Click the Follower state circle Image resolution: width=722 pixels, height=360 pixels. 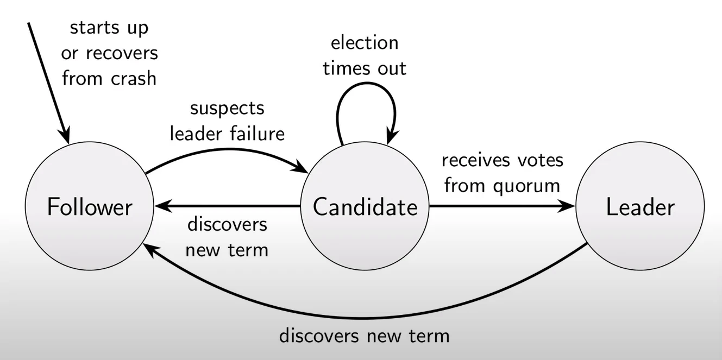(x=90, y=206)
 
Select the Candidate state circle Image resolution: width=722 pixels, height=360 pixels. (x=365, y=206)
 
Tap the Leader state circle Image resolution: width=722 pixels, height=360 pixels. (x=640, y=206)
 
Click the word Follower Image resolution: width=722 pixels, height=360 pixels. (x=90, y=207)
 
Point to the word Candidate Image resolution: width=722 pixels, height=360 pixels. (x=365, y=207)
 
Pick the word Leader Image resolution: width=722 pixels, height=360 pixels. (x=641, y=207)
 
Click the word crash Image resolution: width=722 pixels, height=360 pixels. (x=134, y=78)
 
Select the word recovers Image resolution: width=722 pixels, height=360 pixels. (x=122, y=54)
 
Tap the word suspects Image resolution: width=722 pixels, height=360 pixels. (x=227, y=109)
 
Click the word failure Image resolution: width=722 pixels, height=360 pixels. (x=258, y=134)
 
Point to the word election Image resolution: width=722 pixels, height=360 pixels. (x=365, y=42)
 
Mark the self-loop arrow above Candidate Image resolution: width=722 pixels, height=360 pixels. (x=366, y=84)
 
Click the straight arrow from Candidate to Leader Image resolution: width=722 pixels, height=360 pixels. (x=502, y=206)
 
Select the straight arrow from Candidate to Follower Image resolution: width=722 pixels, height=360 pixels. (x=228, y=206)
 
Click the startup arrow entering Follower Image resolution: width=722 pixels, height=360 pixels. (x=48, y=83)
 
